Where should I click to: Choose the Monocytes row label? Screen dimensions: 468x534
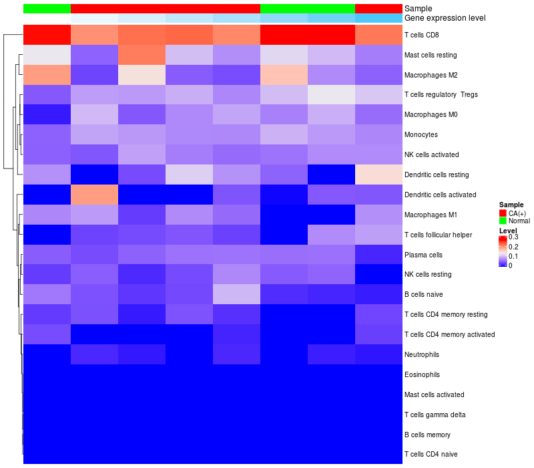click(421, 134)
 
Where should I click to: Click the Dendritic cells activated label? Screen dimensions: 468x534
click(441, 195)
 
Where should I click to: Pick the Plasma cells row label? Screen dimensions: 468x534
click(423, 255)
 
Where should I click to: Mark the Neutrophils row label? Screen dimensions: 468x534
click(422, 354)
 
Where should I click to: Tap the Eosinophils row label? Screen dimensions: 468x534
click(422, 374)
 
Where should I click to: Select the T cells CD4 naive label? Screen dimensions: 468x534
click(431, 455)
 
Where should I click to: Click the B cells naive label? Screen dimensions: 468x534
click(424, 294)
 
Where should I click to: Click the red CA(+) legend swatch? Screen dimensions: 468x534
click(503, 213)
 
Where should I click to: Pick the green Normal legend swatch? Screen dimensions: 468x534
click(503, 221)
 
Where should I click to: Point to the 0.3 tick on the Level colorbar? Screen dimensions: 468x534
click(513, 237)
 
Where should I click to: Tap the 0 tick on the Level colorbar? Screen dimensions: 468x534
click(511, 265)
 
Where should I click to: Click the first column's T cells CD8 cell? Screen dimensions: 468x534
click(47, 34)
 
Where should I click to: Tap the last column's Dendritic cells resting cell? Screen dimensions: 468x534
click(378, 174)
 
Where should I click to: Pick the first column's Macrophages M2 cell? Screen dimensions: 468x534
click(47, 74)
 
